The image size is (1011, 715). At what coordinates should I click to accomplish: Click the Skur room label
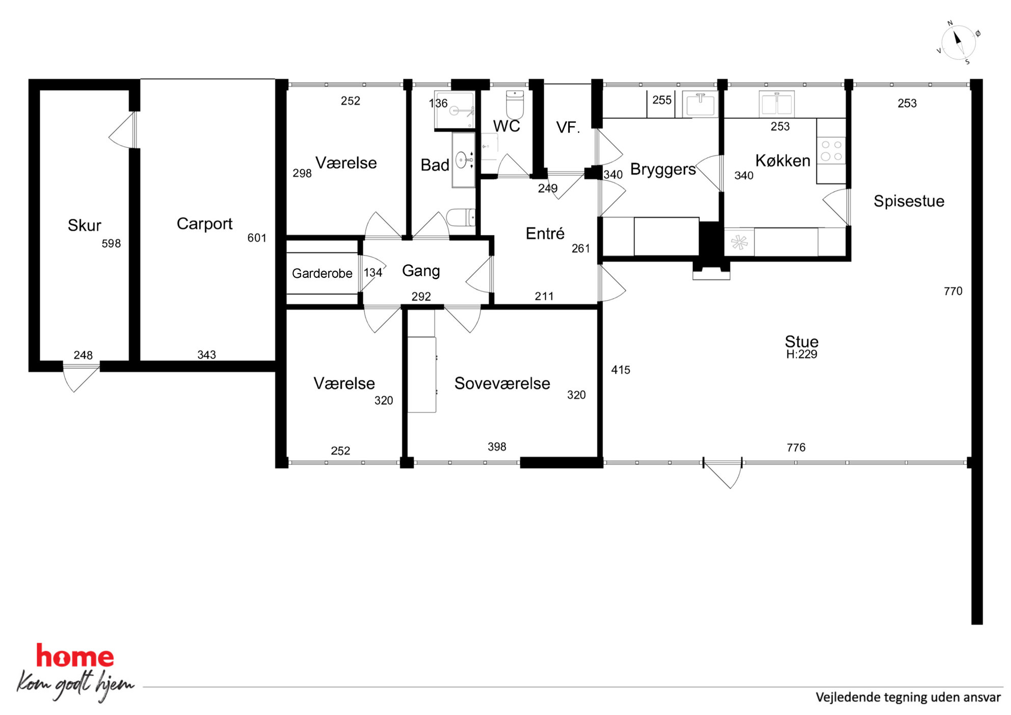coord(85,225)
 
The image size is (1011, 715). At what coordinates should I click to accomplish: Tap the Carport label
coord(204,224)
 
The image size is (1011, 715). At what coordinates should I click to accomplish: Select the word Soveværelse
coord(502,383)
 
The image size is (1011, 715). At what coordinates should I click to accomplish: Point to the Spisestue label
coord(909,201)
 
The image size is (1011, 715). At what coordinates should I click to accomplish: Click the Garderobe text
coord(322,274)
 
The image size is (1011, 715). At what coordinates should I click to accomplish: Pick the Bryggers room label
coord(663,169)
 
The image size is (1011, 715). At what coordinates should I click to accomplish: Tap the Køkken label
coord(783,161)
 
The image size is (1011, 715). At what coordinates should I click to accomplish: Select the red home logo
coord(75,656)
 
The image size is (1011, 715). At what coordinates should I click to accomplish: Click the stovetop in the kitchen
coord(831,150)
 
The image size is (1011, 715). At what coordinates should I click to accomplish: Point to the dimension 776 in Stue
coord(796,447)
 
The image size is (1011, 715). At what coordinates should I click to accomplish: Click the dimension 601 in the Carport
coord(257,238)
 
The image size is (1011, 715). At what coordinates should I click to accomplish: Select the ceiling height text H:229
coord(802,354)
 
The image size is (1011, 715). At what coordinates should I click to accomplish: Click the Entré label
coord(545,233)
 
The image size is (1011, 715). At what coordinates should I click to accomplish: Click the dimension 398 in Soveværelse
coord(497,447)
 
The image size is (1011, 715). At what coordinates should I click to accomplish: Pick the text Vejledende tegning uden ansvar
coord(908,697)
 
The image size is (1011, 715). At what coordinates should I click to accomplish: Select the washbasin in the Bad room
coord(464,160)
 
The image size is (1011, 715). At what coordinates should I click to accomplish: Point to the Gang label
coord(421,271)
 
